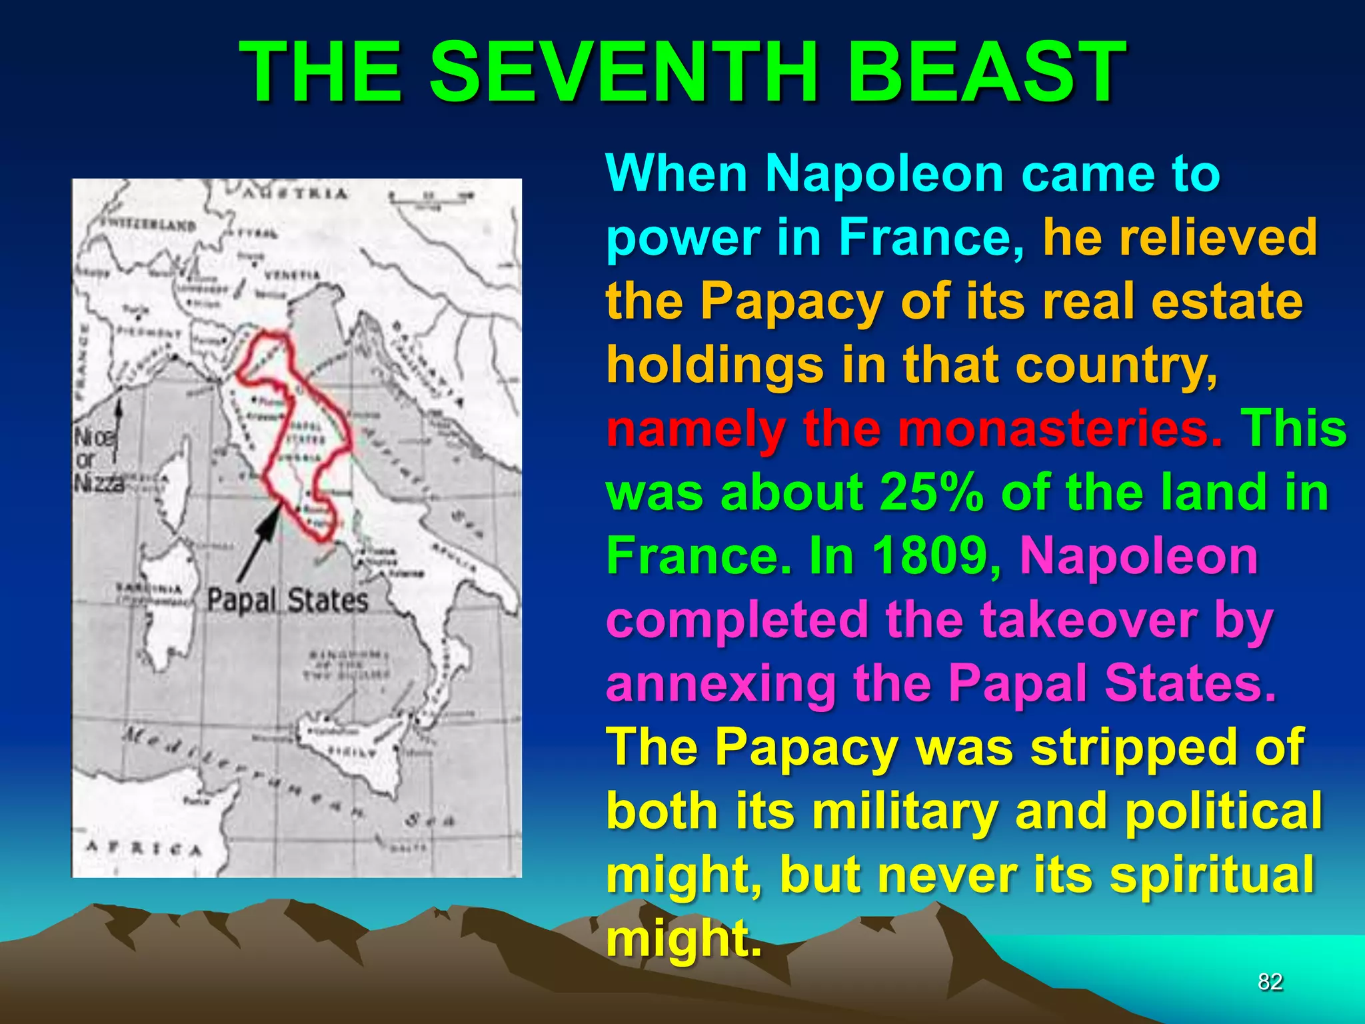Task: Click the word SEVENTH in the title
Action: [624, 71]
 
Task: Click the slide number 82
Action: [1270, 981]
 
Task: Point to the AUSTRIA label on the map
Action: [294, 194]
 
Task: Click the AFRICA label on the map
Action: [143, 849]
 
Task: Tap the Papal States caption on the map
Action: [287, 600]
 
